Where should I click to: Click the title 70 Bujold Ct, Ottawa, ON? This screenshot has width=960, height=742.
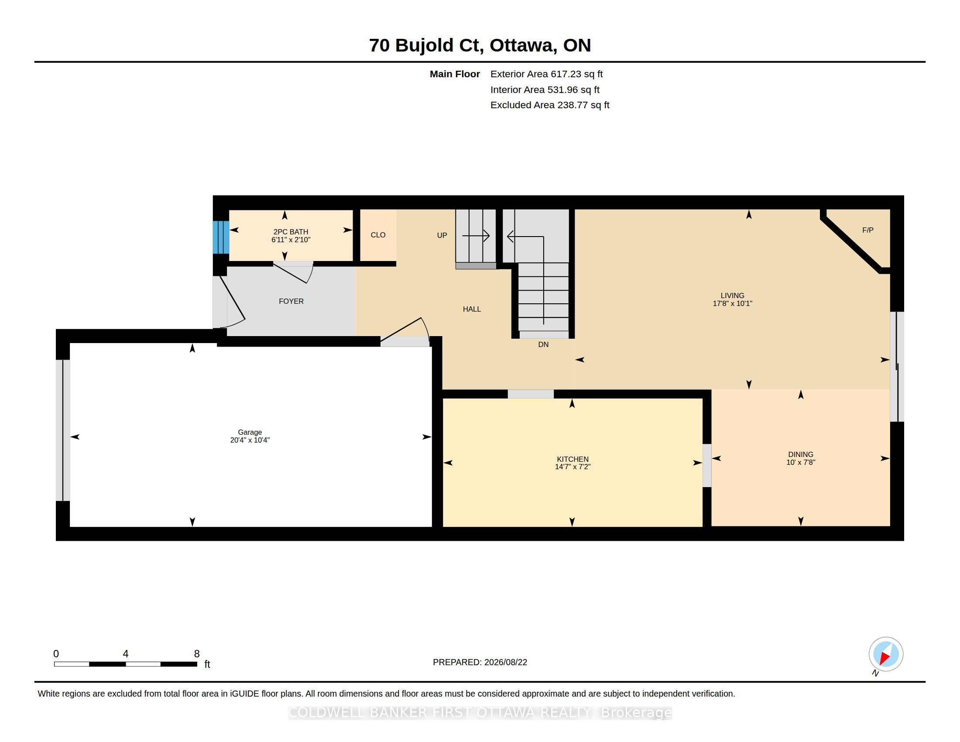pyautogui.click(x=480, y=45)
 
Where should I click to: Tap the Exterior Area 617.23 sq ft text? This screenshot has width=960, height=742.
pyautogui.click(x=546, y=74)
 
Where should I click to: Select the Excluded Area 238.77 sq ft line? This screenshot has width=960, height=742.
pyautogui.click(x=550, y=105)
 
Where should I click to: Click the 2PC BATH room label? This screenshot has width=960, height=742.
pyautogui.click(x=291, y=232)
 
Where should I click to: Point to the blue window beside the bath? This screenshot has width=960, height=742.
pyautogui.click(x=221, y=237)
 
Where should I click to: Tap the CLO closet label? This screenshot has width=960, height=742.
pyautogui.click(x=378, y=235)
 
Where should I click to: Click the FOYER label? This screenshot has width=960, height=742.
pyautogui.click(x=291, y=301)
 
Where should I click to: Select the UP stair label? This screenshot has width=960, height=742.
pyautogui.click(x=442, y=235)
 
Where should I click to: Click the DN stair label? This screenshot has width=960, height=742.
pyautogui.click(x=543, y=344)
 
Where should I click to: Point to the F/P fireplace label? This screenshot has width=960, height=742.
pyautogui.click(x=867, y=230)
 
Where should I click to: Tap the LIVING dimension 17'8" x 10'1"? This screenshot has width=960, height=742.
pyautogui.click(x=732, y=303)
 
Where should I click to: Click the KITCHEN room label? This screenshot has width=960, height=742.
pyautogui.click(x=573, y=459)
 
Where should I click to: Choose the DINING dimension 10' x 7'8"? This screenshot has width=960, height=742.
pyautogui.click(x=801, y=462)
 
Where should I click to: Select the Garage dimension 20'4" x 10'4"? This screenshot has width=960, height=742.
pyautogui.click(x=250, y=440)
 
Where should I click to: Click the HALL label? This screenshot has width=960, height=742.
pyautogui.click(x=472, y=309)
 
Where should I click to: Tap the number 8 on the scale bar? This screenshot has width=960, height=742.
pyautogui.click(x=197, y=654)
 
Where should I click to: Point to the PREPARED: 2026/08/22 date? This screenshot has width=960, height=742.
pyautogui.click(x=480, y=662)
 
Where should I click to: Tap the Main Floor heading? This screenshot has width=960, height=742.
pyautogui.click(x=455, y=74)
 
